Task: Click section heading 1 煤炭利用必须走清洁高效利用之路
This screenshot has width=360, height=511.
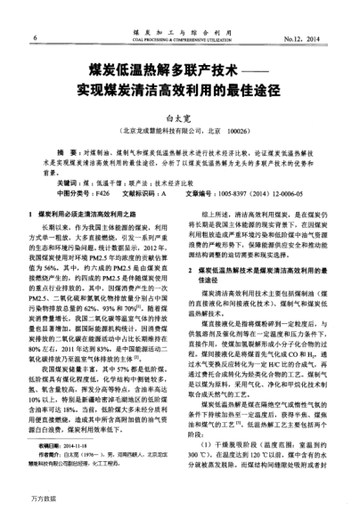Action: tap(89, 215)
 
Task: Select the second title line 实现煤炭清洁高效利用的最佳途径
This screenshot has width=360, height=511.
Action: tap(179, 89)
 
